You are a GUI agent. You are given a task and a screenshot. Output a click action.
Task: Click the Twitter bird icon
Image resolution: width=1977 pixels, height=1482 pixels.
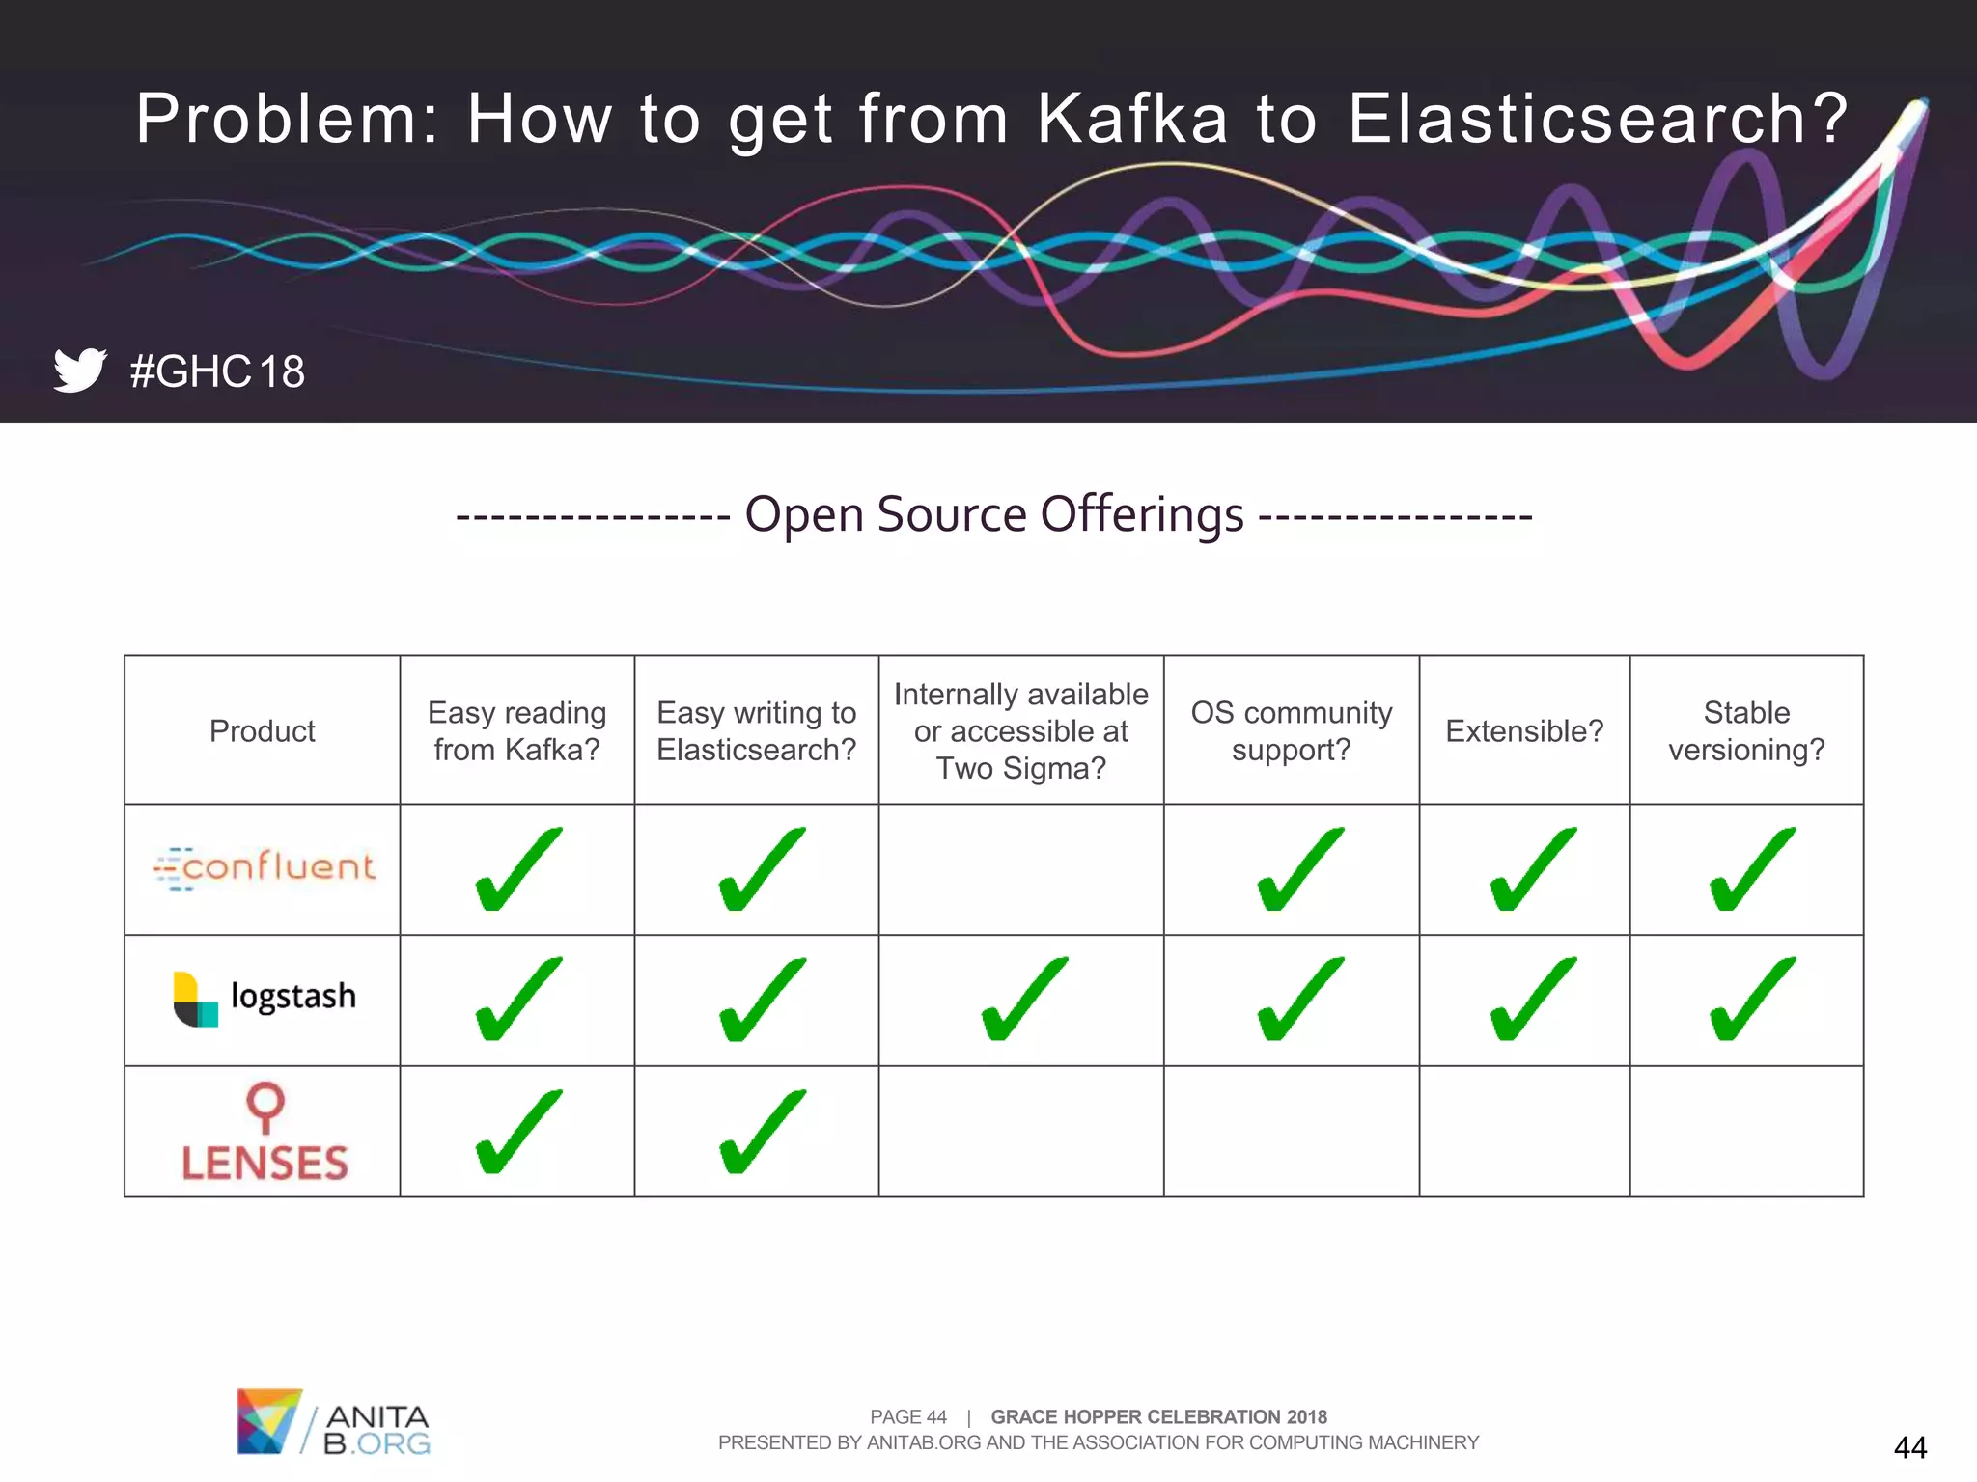coord(80,370)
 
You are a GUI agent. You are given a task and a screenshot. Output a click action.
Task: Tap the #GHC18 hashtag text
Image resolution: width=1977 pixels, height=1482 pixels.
coord(217,372)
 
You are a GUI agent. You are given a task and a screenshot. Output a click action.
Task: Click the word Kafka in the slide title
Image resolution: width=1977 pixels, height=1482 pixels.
coord(1132,120)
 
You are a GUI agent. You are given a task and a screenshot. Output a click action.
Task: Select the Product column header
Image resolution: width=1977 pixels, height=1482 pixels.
coord(263,731)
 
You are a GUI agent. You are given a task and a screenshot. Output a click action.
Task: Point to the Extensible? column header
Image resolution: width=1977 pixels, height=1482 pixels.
coord(1524,731)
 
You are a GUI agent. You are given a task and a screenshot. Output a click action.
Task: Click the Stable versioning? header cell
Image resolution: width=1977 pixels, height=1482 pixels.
coord(1746,731)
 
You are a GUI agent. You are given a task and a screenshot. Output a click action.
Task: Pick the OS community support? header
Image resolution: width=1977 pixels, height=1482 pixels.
coord(1292,731)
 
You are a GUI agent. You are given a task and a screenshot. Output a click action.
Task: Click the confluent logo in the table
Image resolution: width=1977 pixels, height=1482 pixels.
coord(265,867)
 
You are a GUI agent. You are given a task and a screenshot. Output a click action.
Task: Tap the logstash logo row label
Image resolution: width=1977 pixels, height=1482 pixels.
coord(265,998)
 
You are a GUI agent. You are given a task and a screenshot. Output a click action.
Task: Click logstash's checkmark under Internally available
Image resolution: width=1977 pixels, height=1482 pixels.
coord(1023,1000)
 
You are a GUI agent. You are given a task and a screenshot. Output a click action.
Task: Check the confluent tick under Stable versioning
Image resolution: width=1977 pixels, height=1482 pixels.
coord(1751,869)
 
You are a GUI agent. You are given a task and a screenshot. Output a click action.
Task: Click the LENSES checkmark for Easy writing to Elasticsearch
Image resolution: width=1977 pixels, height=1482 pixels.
coord(761,1133)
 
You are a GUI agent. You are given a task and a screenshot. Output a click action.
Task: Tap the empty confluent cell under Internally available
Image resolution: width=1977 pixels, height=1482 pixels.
coord(1021,869)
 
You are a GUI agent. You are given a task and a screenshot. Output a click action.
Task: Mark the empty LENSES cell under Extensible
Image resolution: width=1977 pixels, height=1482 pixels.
coord(1524,1132)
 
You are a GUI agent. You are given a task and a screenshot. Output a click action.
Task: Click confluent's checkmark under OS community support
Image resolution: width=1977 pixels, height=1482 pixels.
coord(1298,869)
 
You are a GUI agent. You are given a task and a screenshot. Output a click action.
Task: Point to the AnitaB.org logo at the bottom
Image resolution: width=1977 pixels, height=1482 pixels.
coord(333,1421)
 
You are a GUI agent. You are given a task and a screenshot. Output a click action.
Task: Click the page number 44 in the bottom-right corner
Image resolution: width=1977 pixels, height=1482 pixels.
coord(1909,1447)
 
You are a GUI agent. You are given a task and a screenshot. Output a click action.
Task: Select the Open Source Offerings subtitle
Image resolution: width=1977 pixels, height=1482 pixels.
coord(994,514)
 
